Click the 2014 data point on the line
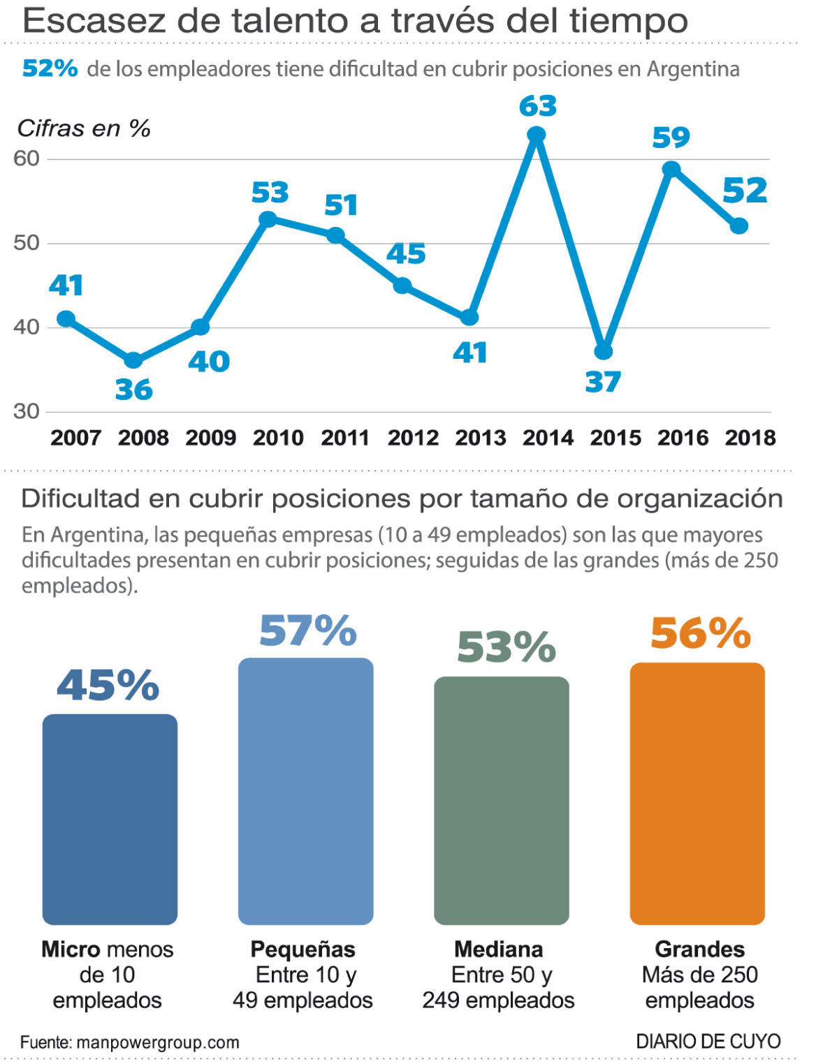coord(537,135)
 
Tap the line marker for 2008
coord(133,360)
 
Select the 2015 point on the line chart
coord(604,351)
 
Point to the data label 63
coord(538,107)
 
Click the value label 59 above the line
coord(671,138)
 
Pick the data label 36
coord(133,390)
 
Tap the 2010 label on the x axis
coord(278,438)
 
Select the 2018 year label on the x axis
coord(750,438)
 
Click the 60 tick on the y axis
coord(27,158)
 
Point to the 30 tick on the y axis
coord(27,411)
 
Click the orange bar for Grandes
coord(697,793)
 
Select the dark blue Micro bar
coord(110,819)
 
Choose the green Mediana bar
coord(502,800)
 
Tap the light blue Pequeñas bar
coord(305,791)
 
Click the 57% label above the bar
coord(307,631)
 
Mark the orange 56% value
coord(700,633)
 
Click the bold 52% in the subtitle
coord(50,68)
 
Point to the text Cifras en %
coord(84,128)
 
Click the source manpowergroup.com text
coord(130,1042)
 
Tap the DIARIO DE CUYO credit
coord(708,1041)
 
